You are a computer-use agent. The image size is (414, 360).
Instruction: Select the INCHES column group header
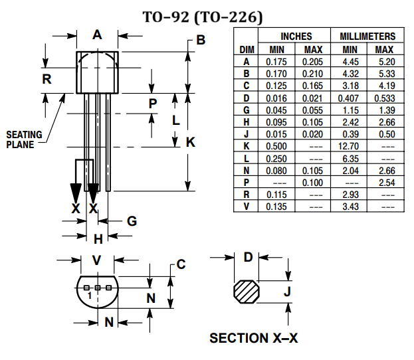click(296, 36)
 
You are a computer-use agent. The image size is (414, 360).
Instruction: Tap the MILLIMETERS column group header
click(367, 36)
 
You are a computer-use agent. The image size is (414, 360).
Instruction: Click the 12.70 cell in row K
click(349, 145)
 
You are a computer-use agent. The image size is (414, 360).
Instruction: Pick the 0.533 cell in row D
click(385, 97)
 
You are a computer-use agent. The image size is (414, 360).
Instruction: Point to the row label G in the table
click(246, 109)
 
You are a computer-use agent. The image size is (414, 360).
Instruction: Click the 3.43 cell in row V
click(349, 207)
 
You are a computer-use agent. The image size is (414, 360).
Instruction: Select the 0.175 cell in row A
click(276, 60)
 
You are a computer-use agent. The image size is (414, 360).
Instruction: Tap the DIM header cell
click(246, 49)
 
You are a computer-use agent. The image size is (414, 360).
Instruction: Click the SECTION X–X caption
click(254, 338)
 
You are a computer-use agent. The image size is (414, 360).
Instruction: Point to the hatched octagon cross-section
click(249, 292)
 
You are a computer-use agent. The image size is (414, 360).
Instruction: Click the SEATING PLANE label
click(24, 139)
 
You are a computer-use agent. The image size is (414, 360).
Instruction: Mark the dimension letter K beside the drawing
click(190, 141)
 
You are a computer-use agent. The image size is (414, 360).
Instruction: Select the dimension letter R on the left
click(47, 78)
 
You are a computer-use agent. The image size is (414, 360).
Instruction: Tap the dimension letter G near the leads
click(132, 221)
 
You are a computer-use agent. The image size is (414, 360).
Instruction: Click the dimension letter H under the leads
click(98, 239)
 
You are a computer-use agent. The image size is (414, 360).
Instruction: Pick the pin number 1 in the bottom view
click(88, 294)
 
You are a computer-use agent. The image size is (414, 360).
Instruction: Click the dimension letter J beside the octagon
click(288, 292)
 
